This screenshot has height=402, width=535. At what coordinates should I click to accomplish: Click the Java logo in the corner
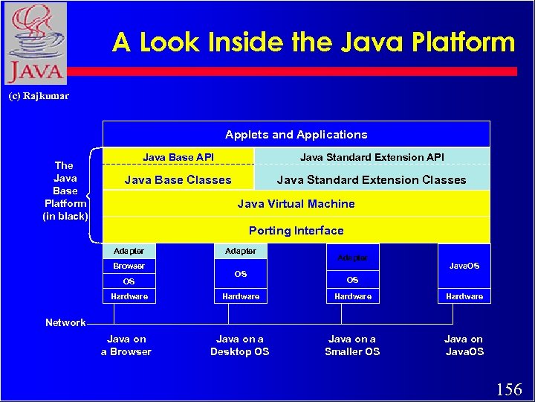35,43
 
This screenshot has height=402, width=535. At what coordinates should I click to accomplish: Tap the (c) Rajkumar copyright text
38,96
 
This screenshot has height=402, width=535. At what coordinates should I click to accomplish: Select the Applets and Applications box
296,135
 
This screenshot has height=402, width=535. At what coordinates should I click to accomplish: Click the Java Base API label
178,157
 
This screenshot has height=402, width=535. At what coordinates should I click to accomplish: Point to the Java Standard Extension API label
372,157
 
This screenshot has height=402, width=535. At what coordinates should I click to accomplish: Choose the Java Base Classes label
178,180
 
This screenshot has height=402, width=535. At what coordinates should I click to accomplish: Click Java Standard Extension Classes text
372,180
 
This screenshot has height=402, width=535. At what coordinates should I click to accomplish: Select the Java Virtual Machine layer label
296,204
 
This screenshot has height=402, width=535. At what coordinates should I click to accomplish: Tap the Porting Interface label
296,231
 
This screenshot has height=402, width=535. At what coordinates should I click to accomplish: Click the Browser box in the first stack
129,266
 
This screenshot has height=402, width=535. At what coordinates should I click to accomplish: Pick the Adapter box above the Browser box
129,251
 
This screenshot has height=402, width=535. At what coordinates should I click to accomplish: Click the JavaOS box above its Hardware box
464,266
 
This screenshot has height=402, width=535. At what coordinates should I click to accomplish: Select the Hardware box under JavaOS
464,296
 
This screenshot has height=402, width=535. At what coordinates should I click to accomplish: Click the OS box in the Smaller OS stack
352,281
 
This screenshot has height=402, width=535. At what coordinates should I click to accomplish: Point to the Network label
65,322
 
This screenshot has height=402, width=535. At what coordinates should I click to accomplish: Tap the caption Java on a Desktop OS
239,345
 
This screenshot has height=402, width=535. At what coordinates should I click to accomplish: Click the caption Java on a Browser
126,345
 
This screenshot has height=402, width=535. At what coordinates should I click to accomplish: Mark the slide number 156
509,389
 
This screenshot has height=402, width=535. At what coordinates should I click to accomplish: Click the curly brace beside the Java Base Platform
92,195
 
